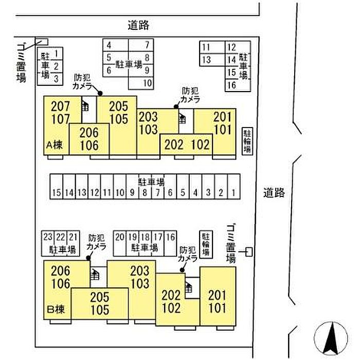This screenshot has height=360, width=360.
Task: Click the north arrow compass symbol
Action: [331, 338]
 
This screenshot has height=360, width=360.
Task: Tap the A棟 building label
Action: [55, 145]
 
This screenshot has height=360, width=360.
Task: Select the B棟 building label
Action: [56, 309]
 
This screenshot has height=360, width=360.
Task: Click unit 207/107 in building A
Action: [60, 113]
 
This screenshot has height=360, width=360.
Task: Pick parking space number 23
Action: [48, 237]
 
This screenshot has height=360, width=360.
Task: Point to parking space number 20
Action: [120, 237]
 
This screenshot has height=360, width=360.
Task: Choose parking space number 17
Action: [158, 237]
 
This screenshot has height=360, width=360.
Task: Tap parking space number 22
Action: [61, 237]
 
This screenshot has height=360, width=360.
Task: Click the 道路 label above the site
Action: [138, 25]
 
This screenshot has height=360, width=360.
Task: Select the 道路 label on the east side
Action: [274, 193]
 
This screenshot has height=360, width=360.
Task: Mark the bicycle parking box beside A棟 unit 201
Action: [247, 141]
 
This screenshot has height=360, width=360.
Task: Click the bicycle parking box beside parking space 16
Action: [206, 244]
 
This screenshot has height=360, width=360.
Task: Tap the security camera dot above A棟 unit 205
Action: [100, 93]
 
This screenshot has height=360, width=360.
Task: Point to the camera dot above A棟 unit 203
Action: [176, 106]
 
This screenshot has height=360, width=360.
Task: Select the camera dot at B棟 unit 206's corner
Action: [88, 258]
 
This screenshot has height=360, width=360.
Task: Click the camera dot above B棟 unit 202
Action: [182, 270]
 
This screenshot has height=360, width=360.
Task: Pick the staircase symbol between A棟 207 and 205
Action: [85, 106]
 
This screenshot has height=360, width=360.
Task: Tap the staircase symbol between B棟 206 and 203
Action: [95, 274]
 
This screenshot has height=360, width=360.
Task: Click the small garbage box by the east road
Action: [249, 252]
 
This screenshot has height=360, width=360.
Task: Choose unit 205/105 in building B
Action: [100, 303]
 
